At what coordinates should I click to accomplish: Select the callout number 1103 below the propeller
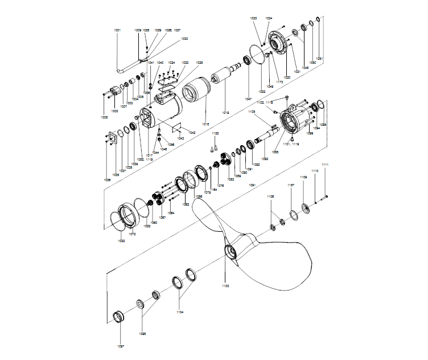pyautogui.click(x=225, y=285)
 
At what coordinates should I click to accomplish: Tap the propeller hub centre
pyautogui.click(x=231, y=251)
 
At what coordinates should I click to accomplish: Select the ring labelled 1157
pyautogui.click(x=293, y=214)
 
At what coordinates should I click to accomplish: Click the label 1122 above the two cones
pyautogui.click(x=215, y=133)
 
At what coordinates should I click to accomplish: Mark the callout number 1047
pyautogui.click(x=248, y=99)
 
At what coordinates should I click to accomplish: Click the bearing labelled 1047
pyautogui.click(x=248, y=59)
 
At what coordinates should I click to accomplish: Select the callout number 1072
pyautogui.click(x=131, y=234)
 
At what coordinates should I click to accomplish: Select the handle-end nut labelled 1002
pyautogui.click(x=116, y=91)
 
